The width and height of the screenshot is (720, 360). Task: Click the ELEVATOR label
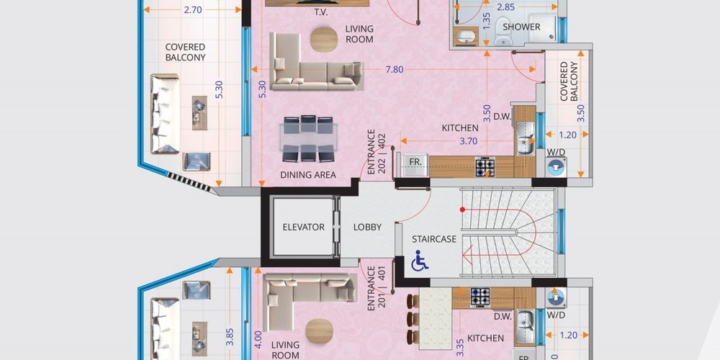click(x=304, y=227)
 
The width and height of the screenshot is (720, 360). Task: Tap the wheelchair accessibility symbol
click(x=419, y=261)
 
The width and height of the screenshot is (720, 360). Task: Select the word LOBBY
click(x=367, y=227)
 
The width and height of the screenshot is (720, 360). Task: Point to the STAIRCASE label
click(x=434, y=239)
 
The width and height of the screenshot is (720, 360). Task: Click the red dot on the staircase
click(x=462, y=210)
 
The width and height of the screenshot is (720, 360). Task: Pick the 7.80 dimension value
click(x=395, y=69)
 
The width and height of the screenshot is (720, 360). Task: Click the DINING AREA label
click(x=308, y=174)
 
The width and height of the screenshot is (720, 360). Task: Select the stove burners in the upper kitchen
click(x=485, y=167)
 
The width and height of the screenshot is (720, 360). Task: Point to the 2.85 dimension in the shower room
click(x=505, y=7)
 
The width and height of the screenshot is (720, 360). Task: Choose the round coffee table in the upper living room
click(x=324, y=39)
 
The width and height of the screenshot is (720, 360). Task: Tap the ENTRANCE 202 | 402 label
click(x=377, y=154)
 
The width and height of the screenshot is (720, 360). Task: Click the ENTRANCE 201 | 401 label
click(x=377, y=289)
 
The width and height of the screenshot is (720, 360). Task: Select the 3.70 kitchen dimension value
click(x=469, y=141)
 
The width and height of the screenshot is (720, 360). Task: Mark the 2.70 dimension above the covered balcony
click(x=193, y=9)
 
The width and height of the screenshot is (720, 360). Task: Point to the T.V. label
click(x=321, y=12)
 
